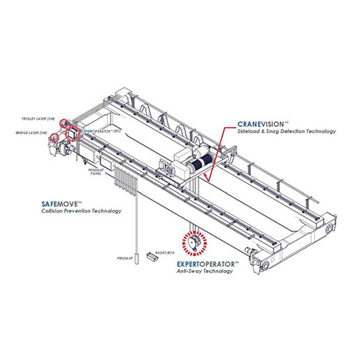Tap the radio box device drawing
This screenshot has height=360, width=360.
(x=149, y=256)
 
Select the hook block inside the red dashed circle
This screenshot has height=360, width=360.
(x=194, y=241)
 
